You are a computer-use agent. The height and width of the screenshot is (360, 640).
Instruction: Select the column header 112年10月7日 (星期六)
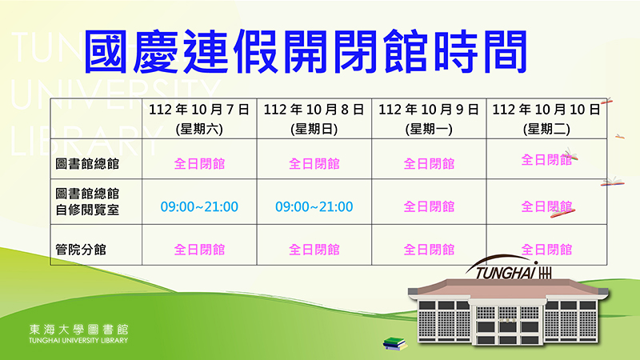[199, 118]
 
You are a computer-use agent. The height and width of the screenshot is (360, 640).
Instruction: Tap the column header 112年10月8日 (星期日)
[314, 118]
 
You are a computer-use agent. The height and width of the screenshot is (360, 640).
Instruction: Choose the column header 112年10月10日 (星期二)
[546, 118]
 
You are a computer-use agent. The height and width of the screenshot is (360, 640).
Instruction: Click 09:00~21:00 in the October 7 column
[199, 207]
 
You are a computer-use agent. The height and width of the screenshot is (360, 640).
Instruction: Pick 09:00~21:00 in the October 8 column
[314, 207]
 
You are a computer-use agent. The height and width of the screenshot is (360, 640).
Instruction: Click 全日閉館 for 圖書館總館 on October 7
[199, 164]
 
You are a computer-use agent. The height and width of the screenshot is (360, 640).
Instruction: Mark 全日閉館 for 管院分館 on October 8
[314, 250]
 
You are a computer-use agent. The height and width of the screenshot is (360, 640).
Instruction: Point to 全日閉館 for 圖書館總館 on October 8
[314, 164]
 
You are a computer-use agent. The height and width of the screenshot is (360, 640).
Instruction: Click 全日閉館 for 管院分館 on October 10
[546, 250]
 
